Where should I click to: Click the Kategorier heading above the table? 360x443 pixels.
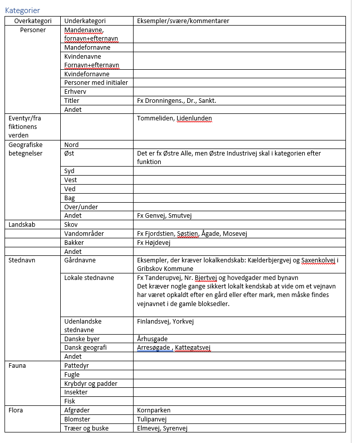tap(22, 11)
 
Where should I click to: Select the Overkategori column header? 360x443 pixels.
tap(33, 21)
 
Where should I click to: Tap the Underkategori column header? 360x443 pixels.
tap(85, 21)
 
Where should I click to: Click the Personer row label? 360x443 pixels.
tap(33, 30)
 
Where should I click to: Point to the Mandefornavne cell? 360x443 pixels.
tap(87, 48)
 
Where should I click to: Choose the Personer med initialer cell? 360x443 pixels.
tap(96, 83)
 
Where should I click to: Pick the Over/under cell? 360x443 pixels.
tap(81, 207)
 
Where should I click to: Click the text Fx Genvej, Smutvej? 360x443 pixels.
tap(164, 216)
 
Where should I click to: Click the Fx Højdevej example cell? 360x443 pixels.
tap(154, 243)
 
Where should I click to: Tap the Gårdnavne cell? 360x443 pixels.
tap(80, 260)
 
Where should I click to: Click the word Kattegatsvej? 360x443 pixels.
tap(193, 348)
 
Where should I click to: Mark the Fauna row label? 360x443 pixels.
tap(18, 366)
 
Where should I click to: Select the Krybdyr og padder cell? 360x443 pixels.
tap(91, 384)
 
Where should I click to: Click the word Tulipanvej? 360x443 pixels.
tap(152, 419)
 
